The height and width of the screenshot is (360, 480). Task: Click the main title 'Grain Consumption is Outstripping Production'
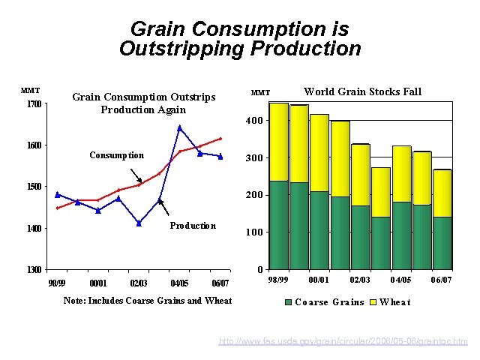point(239,39)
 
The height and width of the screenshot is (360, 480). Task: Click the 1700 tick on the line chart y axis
point(34,103)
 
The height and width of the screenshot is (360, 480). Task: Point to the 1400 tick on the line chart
point(34,228)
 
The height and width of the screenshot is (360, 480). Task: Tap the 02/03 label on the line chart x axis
point(138,283)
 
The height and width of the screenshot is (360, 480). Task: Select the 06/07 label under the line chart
point(220,283)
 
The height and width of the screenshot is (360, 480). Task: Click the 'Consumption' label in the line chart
point(116,155)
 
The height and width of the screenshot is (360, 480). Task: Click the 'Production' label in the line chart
point(193,226)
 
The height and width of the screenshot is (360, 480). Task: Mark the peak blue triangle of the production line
point(180,128)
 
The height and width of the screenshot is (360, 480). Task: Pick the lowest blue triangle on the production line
point(139,223)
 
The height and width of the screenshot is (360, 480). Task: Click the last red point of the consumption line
point(220,139)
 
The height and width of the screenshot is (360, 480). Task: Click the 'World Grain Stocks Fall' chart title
point(362,91)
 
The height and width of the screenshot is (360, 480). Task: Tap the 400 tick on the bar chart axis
point(256,121)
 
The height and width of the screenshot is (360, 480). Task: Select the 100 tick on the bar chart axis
point(256,232)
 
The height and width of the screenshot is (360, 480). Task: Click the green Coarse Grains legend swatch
point(289,302)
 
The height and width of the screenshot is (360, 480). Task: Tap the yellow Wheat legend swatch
point(373,302)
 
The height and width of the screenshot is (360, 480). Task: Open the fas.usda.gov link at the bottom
point(343,342)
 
